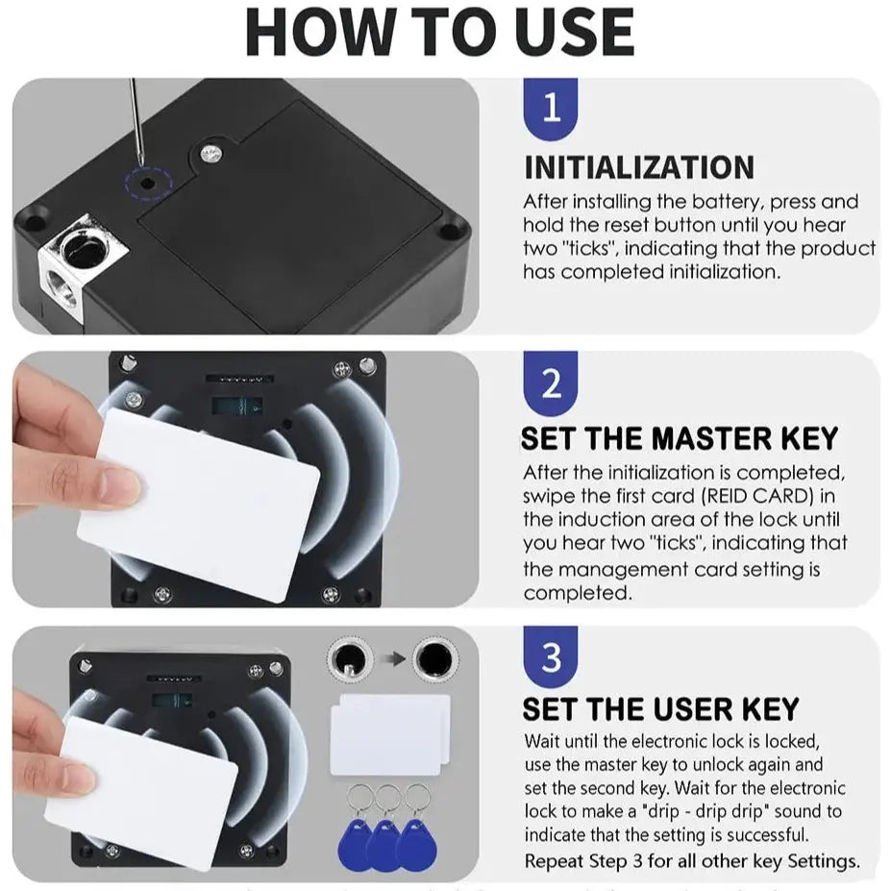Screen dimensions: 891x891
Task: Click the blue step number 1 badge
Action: (550, 108)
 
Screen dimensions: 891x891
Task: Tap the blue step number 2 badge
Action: (550, 383)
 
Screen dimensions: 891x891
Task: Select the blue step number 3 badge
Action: (550, 657)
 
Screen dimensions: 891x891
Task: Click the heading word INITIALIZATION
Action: (639, 167)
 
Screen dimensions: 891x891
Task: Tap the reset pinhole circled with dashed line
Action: (148, 184)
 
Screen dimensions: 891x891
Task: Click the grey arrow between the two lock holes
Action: (392, 658)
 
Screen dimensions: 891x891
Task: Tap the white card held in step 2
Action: (199, 505)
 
